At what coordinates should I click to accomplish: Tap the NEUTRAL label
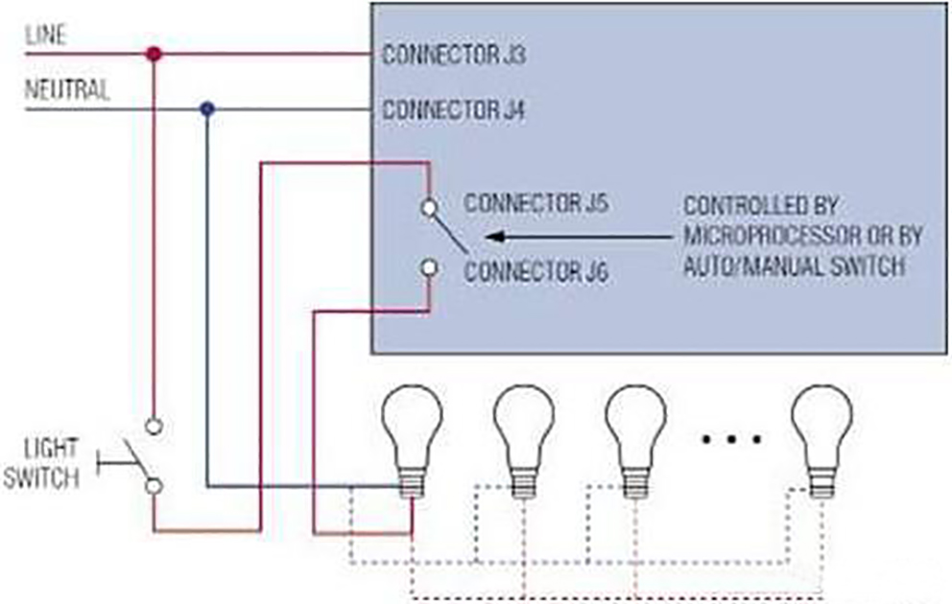(66, 92)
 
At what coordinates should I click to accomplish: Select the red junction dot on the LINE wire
(152, 53)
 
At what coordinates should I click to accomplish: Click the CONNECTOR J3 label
(453, 55)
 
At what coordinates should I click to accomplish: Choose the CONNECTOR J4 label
(453, 109)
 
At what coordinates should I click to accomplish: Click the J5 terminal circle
(430, 206)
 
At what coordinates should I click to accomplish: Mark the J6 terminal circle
(430, 268)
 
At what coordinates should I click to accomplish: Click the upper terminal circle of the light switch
(153, 424)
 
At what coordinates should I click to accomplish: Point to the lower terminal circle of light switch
(153, 486)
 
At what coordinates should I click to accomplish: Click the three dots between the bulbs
(730, 439)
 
